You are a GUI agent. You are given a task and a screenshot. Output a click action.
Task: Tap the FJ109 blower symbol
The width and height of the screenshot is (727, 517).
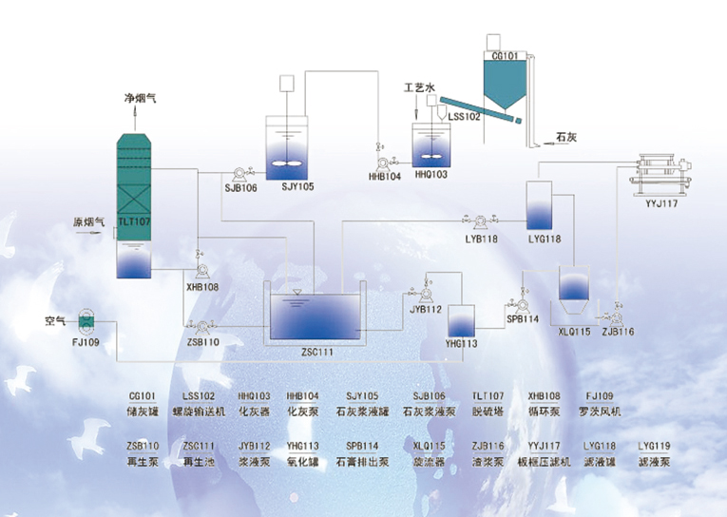[x=87, y=321]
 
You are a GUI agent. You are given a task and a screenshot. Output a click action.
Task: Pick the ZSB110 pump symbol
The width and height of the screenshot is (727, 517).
[x=202, y=325]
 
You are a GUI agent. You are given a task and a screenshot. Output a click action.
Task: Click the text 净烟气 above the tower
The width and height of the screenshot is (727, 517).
[x=140, y=98]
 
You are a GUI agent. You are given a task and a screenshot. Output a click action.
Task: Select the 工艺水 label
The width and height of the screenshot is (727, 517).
[x=418, y=87]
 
